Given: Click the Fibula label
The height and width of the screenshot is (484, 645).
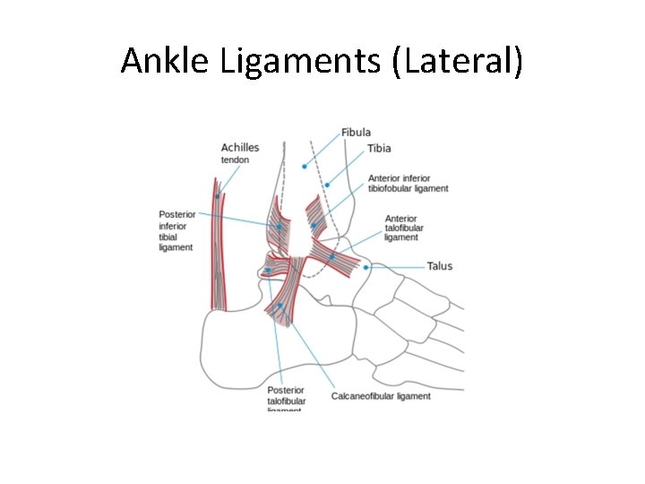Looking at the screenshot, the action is click(356, 133).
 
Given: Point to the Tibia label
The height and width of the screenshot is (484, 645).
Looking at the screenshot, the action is click(379, 148).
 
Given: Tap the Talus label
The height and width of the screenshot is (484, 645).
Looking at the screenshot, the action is click(440, 266).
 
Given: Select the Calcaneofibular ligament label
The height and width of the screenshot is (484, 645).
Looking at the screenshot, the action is click(381, 396).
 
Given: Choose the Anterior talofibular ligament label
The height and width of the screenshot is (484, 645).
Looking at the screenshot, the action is click(401, 228).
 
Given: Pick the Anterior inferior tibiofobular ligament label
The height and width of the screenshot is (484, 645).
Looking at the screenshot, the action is click(408, 183).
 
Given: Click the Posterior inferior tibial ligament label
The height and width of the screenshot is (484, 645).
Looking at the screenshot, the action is click(176, 230).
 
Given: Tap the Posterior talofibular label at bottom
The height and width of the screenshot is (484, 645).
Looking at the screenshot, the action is click(286, 398).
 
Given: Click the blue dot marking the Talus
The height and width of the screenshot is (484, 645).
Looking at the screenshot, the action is click(365, 267).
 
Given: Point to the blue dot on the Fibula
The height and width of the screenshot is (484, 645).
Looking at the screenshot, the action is click(305, 166).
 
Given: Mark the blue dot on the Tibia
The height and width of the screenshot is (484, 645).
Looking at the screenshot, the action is click(328, 185).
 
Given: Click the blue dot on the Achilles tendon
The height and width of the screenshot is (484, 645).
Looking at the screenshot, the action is click(217, 195).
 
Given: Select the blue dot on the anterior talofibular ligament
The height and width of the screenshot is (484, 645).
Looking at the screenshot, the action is click(331, 257).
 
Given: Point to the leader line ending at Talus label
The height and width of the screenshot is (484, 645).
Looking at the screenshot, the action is click(399, 267).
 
